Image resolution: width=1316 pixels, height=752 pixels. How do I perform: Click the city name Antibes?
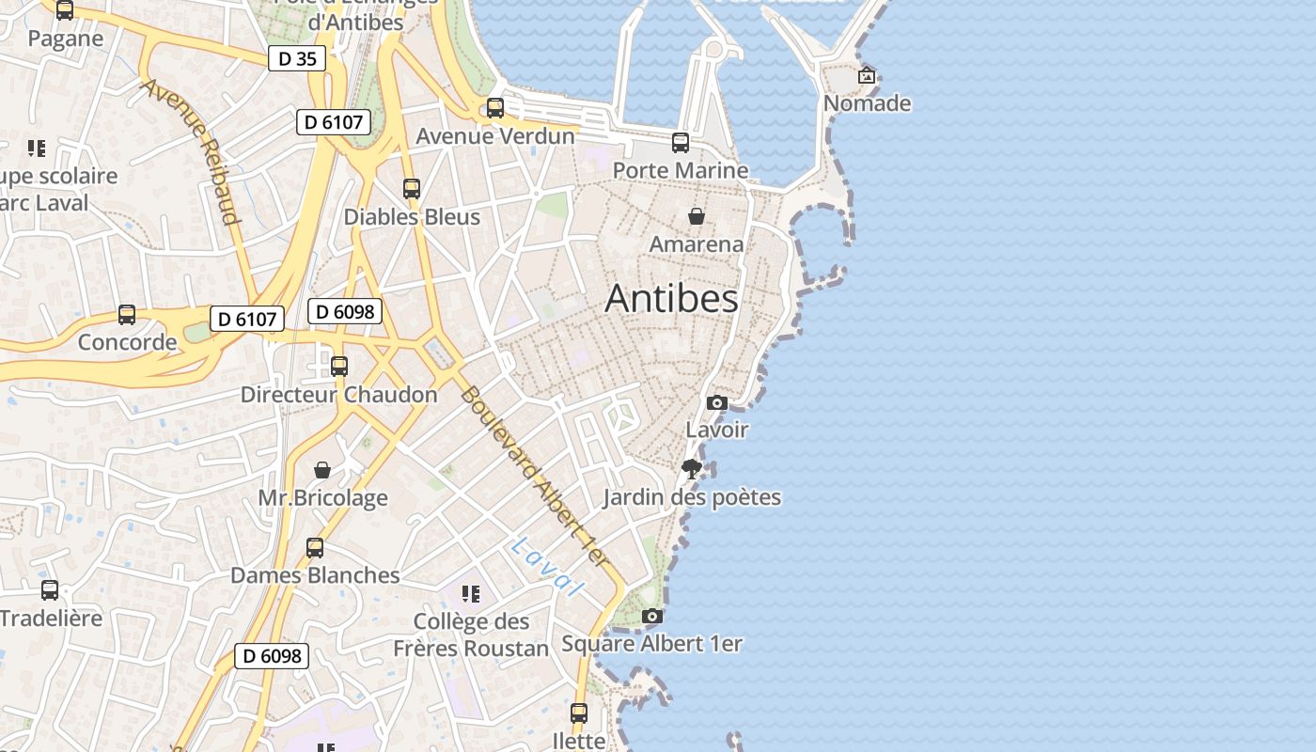pos(671,299)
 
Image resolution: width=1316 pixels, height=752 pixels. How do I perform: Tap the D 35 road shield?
pos(296,58)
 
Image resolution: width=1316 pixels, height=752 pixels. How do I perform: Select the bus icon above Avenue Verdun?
pos(495,108)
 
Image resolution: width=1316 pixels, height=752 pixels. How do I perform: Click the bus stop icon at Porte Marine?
pos(681,143)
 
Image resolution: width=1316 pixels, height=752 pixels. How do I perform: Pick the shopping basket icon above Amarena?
pos(697,216)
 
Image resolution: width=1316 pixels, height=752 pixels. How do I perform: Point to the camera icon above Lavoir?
pos(717,402)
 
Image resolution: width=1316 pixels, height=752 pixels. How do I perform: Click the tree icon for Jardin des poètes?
pos(693,469)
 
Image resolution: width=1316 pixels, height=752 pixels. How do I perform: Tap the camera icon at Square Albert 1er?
pos(652,616)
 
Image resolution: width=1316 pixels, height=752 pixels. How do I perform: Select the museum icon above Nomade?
pos(867,75)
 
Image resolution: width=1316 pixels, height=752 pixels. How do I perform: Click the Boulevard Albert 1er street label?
pos(535,477)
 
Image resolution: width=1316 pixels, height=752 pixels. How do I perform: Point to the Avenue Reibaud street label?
pos(191,151)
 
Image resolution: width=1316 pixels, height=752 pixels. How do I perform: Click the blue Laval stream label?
pos(547,566)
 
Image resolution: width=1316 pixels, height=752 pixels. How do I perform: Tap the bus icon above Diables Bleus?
pos(411,189)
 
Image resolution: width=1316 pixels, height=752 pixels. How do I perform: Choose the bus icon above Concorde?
pos(127,315)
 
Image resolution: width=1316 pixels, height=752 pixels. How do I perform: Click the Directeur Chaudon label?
pos(338,395)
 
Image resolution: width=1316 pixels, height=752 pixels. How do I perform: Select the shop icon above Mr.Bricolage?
pos(322,469)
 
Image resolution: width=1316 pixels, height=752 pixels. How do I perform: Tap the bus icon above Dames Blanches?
pos(315,547)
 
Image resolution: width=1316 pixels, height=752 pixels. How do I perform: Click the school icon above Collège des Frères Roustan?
pos(471,594)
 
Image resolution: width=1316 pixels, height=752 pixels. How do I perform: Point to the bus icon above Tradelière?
pos(50,590)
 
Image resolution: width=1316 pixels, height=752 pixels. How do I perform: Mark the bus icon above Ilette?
pos(579,713)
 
